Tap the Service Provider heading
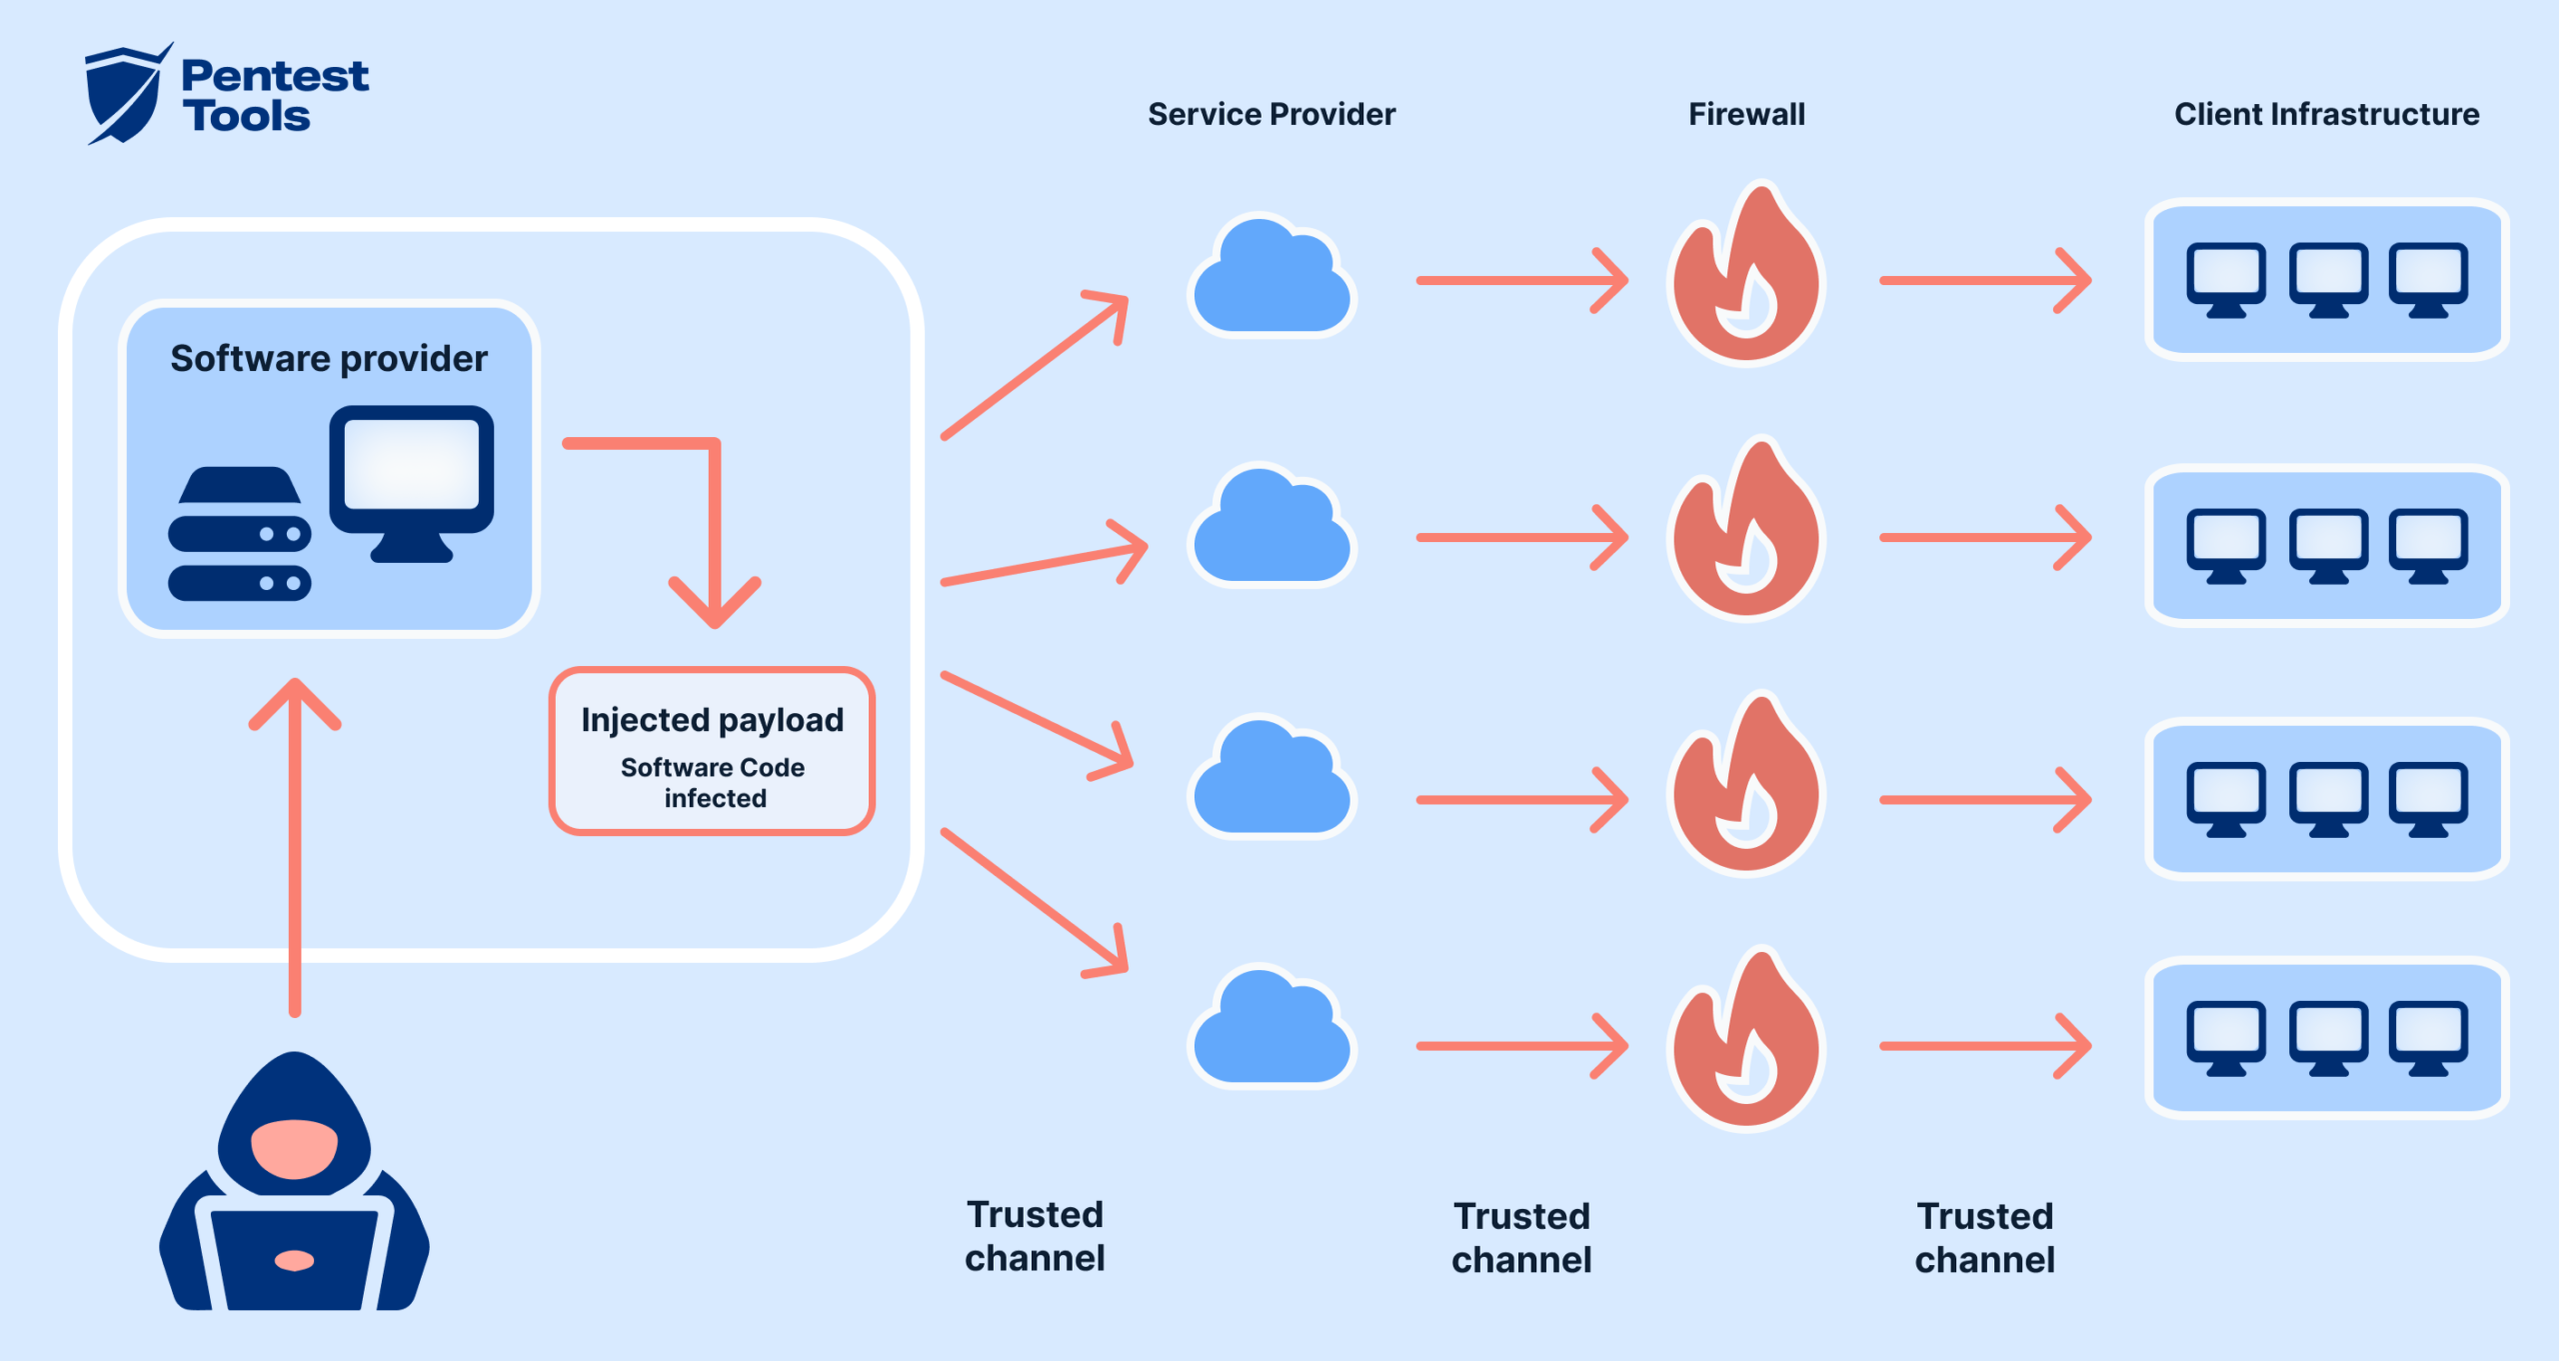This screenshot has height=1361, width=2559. (x=1271, y=114)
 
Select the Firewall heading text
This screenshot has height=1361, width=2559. (x=1745, y=114)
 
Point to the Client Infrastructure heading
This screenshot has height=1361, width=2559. (x=2326, y=114)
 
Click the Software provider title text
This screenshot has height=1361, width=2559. (x=329, y=358)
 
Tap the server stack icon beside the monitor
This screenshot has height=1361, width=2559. (x=240, y=534)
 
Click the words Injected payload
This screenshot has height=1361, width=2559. (x=712, y=720)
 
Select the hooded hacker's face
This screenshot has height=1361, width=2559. (x=294, y=1148)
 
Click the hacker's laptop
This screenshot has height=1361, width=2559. (x=294, y=1258)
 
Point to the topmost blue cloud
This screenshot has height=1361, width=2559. (x=1272, y=280)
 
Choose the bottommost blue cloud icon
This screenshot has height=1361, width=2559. (x=1272, y=1030)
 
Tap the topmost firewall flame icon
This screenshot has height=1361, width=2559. (x=1745, y=280)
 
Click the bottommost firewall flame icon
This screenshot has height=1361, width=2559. (x=1745, y=1045)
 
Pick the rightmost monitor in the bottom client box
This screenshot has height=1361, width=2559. (x=2428, y=1034)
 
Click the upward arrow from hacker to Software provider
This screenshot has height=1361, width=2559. (x=295, y=850)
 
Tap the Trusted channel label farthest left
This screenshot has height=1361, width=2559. (x=1035, y=1236)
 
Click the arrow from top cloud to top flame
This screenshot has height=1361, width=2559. (x=1519, y=281)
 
